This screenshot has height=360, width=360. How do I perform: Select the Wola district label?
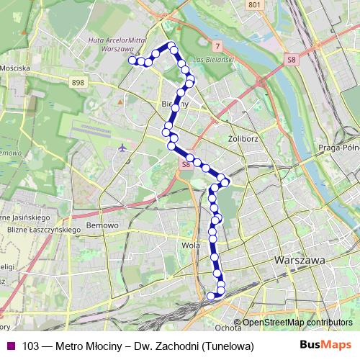(x=192, y=245)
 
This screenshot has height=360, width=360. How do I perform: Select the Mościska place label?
(x=16, y=68)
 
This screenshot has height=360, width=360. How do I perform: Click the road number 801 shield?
(x=253, y=5)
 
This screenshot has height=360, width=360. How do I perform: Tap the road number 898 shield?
(x=78, y=84)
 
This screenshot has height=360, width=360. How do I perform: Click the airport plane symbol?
(x=122, y=148)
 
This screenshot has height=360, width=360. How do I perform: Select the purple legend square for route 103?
(x=10, y=346)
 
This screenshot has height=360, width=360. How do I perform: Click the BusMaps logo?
(x=325, y=345)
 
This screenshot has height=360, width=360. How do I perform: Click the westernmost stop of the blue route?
(x=132, y=61)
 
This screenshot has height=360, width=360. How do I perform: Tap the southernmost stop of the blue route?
(x=211, y=295)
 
